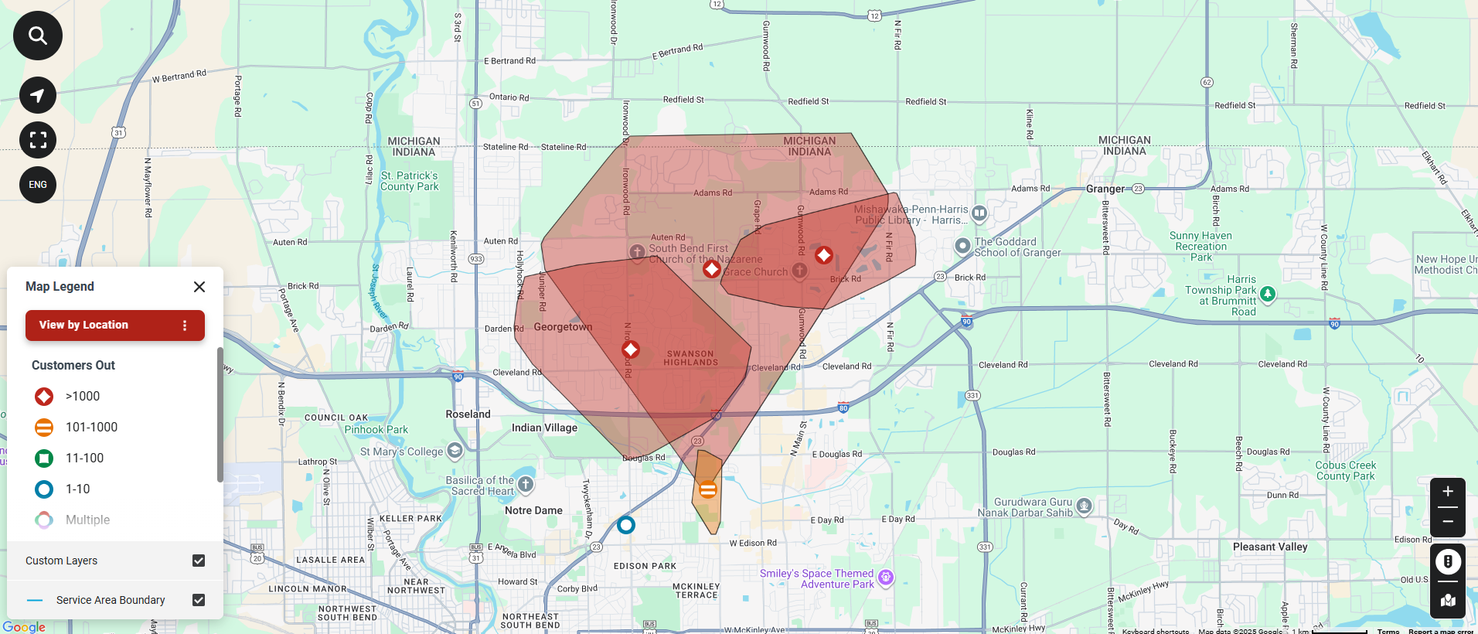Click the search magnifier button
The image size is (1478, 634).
[x=38, y=36]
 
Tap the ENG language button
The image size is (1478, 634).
[x=38, y=185]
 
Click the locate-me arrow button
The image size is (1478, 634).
[x=38, y=95]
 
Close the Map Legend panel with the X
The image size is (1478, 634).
[x=199, y=287]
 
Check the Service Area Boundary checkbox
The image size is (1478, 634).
[x=199, y=600]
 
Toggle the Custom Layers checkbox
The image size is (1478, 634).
[x=199, y=561]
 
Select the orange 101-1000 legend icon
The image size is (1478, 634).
[x=44, y=427]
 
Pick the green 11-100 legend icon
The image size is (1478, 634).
[x=44, y=458]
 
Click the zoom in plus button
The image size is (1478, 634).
[x=1448, y=492]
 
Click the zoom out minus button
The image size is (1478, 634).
[x=1448, y=522]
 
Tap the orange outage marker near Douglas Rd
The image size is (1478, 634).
[x=707, y=489]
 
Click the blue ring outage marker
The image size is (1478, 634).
[x=626, y=525]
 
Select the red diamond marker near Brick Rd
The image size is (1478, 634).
[x=824, y=255]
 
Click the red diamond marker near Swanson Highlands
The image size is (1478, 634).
[x=631, y=349]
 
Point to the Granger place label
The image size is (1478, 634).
[x=1105, y=189]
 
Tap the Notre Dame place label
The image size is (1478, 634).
[x=533, y=510]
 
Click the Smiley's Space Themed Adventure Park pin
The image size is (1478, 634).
[x=886, y=577]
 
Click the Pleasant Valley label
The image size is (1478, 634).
[x=1270, y=547]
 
